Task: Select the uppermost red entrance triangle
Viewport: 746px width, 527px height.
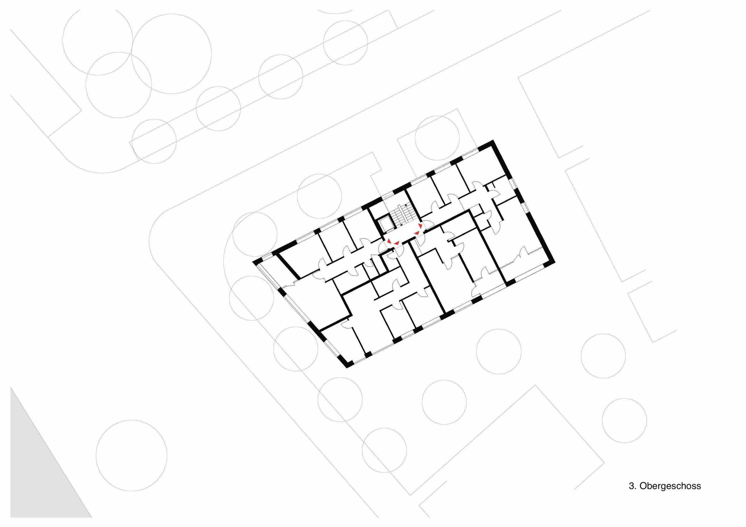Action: (x=420, y=225)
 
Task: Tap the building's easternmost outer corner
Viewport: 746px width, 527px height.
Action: (x=554, y=262)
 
